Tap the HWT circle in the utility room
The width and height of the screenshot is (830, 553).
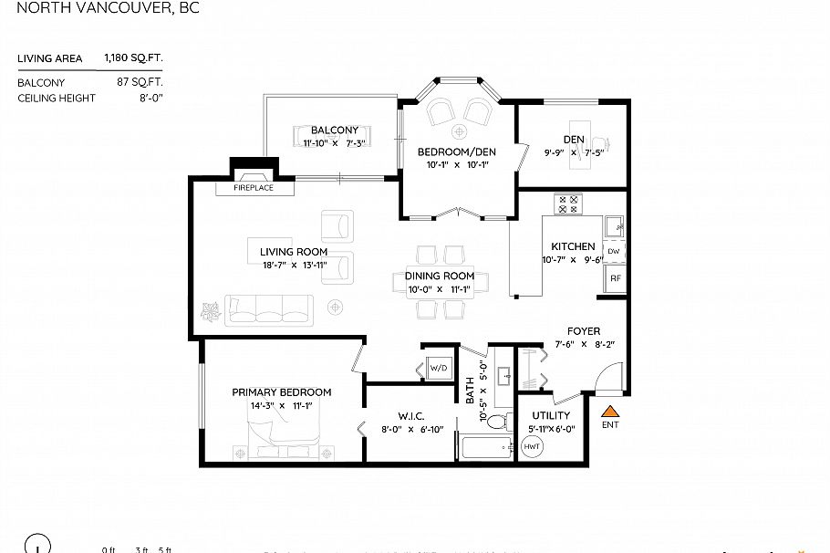pyautogui.click(x=532, y=447)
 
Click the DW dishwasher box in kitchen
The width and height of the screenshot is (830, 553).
pyautogui.click(x=614, y=251)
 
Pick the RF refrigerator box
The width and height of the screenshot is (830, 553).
pyautogui.click(x=615, y=278)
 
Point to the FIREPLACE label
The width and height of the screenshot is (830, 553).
pyautogui.click(x=253, y=188)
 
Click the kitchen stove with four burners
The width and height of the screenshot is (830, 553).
pyautogui.click(x=568, y=203)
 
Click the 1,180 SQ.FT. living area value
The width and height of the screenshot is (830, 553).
pyautogui.click(x=133, y=58)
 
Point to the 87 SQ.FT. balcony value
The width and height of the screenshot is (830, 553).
pyautogui.click(x=140, y=82)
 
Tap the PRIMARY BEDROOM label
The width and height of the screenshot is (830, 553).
pyautogui.click(x=281, y=392)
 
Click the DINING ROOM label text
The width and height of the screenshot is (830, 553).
pyautogui.click(x=441, y=276)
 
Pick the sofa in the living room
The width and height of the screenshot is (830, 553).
pyautogui.click(x=270, y=310)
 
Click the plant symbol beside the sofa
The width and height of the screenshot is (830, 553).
pyautogui.click(x=211, y=312)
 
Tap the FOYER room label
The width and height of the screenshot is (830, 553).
pyautogui.click(x=584, y=331)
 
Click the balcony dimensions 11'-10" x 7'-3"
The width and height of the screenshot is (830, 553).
pyautogui.click(x=335, y=143)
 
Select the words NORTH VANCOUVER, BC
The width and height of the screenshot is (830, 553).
pyautogui.click(x=108, y=9)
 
